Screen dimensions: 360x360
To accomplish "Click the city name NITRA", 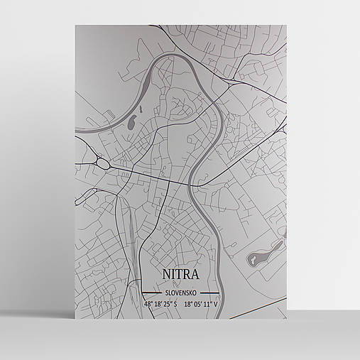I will click(180, 275).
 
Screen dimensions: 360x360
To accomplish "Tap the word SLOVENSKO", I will click(180, 293).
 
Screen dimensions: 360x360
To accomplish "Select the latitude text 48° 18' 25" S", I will click(160, 304).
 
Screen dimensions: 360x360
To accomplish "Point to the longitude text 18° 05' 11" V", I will click(202, 304).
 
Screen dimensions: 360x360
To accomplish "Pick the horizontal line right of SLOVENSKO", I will click(209, 293).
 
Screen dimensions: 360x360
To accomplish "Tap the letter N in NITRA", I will click(166, 275).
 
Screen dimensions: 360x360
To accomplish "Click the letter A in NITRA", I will click(195, 275).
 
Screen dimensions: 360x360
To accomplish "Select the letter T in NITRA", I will click(180, 275).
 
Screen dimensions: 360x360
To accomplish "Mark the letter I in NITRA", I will click(174, 275).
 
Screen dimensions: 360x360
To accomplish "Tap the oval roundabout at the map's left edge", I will click(102, 163).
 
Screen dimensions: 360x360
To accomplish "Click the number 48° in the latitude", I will click(148, 304).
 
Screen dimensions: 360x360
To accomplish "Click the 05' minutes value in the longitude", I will click(200, 304).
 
